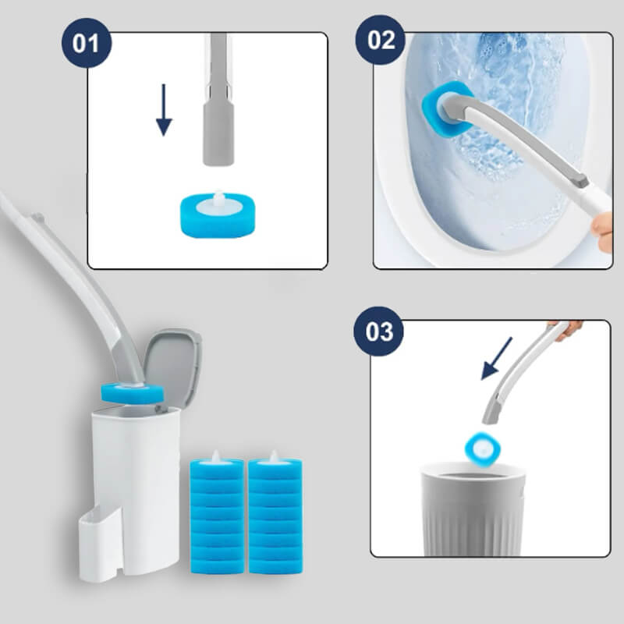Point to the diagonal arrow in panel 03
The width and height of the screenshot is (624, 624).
pos(496,358)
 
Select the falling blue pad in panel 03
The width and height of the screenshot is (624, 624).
pos(482,448)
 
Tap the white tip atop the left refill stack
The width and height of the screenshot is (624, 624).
pos(217,457)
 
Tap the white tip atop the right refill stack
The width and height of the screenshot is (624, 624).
pos(275,456)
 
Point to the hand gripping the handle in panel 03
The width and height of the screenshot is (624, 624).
pos(568,328)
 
